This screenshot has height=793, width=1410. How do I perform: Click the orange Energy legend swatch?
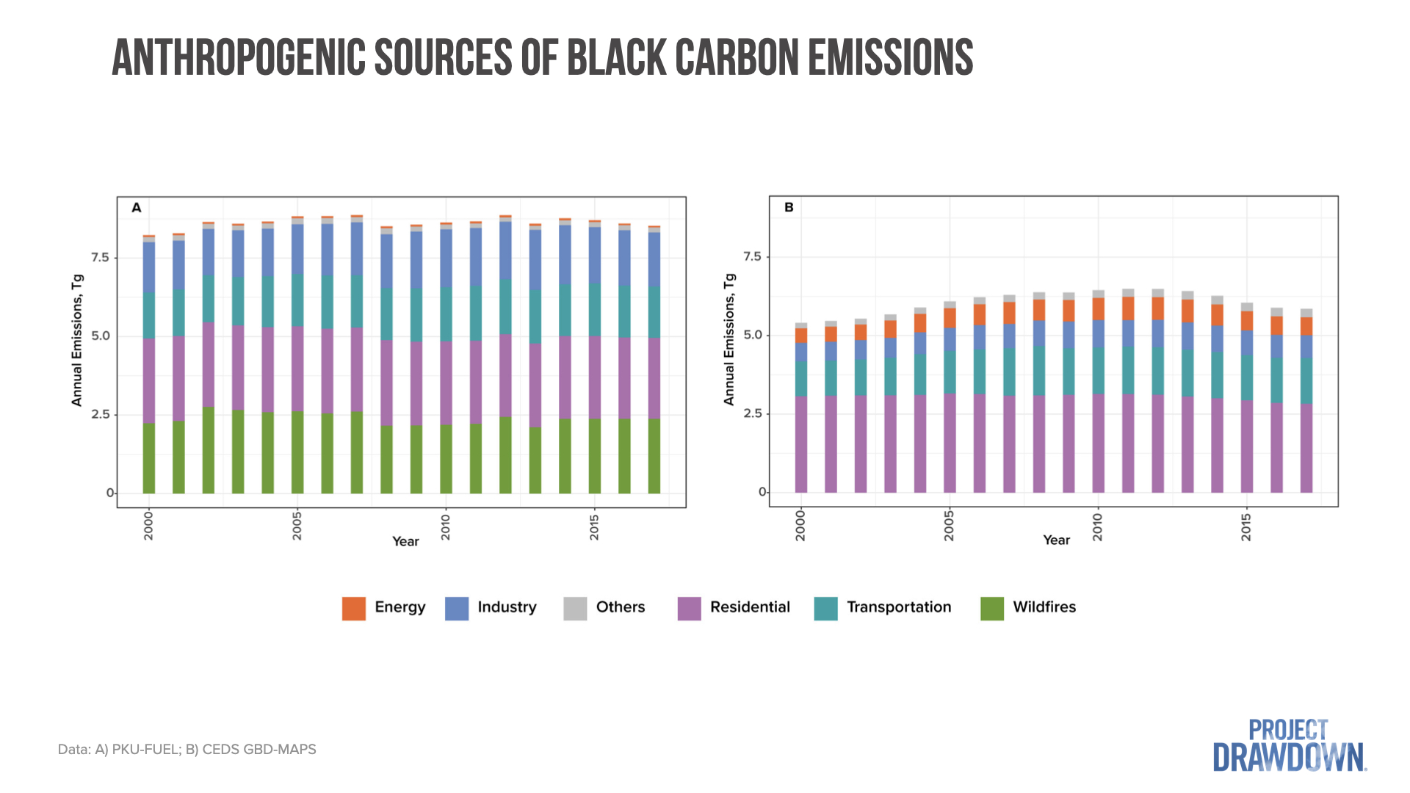[x=353, y=608]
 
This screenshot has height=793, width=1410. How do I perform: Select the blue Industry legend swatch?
[x=456, y=608]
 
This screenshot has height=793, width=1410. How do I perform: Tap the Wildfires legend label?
[x=1044, y=607]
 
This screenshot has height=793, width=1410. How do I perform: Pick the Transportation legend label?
[x=898, y=607]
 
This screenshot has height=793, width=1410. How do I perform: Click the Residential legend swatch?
[x=689, y=608]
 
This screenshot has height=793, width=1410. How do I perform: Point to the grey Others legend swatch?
[x=575, y=608]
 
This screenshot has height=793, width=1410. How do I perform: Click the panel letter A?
[x=137, y=208]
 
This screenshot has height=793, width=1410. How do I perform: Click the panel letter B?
[x=789, y=207]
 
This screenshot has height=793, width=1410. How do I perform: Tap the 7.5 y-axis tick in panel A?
[x=100, y=257]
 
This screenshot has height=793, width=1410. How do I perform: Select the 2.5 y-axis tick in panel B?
[x=753, y=413]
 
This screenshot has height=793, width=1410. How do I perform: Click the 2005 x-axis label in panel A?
[x=297, y=526]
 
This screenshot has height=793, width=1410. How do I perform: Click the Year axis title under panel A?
[x=405, y=541]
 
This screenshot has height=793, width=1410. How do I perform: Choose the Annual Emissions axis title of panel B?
[x=728, y=339]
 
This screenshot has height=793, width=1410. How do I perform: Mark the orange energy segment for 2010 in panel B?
[x=1098, y=308]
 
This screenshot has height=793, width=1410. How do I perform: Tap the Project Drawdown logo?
[x=1289, y=745]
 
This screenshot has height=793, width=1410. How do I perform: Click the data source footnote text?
[x=187, y=750]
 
